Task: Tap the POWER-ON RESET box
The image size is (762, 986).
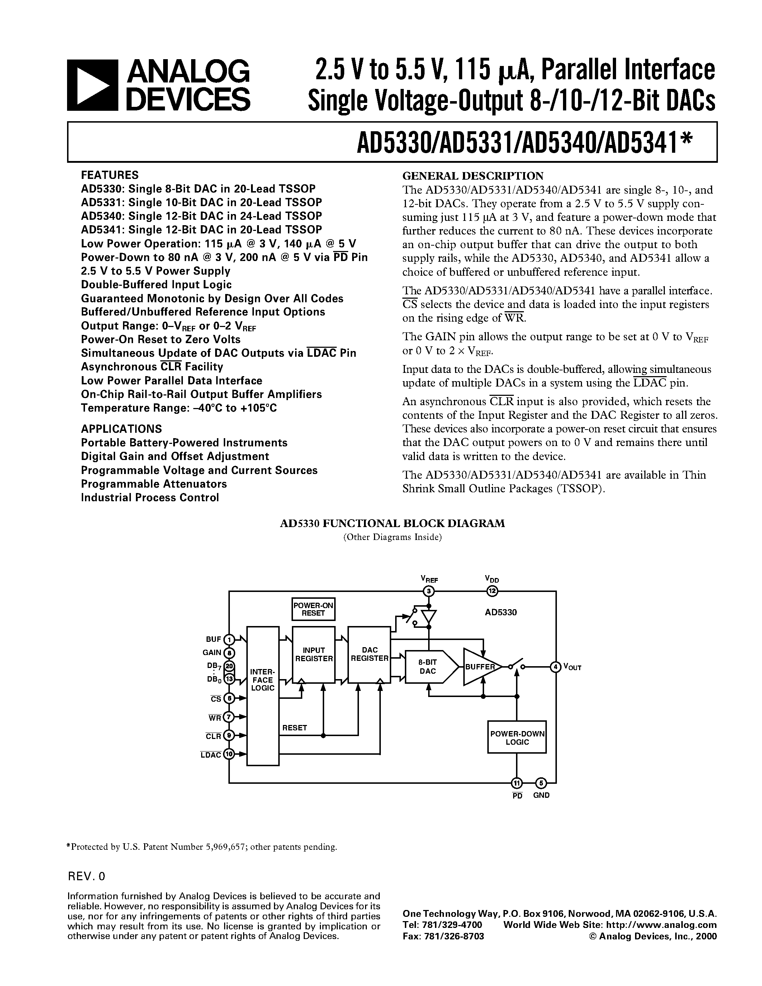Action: tap(313, 610)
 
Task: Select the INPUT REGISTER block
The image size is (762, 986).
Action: tap(314, 655)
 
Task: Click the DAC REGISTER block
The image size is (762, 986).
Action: tap(369, 655)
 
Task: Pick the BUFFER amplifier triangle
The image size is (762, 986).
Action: tap(479, 667)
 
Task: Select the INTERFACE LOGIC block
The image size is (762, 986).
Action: tap(263, 695)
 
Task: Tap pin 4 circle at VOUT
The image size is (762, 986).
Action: tap(555, 667)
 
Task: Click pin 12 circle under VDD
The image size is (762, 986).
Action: tap(492, 591)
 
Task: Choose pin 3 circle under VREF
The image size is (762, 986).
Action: tap(429, 591)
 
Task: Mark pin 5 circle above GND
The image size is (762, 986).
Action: tap(541, 783)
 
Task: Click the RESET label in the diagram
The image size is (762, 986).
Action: tap(294, 728)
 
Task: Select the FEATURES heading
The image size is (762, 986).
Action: tap(110, 175)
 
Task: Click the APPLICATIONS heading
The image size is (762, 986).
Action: tap(122, 428)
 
